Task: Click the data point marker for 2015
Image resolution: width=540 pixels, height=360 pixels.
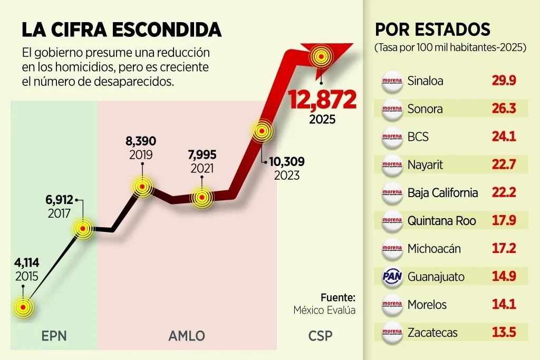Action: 23,306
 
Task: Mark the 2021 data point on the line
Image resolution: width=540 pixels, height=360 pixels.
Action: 201,198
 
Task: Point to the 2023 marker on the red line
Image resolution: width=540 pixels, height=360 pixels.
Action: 261,131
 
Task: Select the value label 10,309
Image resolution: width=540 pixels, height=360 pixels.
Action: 287,162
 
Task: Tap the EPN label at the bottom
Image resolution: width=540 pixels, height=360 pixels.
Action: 54,336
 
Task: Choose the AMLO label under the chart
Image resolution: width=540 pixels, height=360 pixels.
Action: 187,336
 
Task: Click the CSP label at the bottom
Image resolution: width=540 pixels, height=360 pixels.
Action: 320,336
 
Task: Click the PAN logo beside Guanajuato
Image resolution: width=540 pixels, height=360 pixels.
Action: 392,277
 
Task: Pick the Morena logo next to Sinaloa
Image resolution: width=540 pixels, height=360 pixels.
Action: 392,81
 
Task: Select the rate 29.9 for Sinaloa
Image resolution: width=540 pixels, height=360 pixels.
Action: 503,81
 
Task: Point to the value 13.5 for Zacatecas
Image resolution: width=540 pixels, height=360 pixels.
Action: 503,333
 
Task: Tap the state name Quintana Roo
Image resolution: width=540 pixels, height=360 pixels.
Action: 441,221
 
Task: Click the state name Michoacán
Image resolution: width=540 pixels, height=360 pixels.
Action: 435,249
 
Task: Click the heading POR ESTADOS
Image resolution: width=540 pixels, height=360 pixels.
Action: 432,29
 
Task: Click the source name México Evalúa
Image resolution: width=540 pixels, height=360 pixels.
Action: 324,310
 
